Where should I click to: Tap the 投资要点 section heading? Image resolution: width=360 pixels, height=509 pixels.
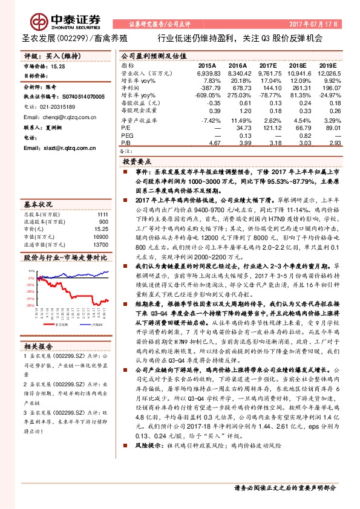click(x=137, y=163)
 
